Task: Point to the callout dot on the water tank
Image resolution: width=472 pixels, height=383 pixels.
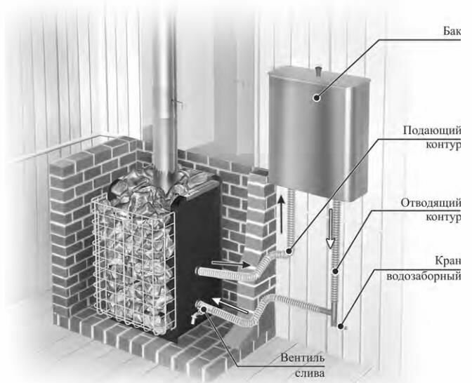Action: tap(317, 99)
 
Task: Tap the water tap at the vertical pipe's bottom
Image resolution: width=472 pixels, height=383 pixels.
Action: tap(339, 324)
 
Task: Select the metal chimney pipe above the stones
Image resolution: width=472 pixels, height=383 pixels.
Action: tap(166, 84)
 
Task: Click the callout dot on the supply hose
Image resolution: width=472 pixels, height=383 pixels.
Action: tap(289, 250)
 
